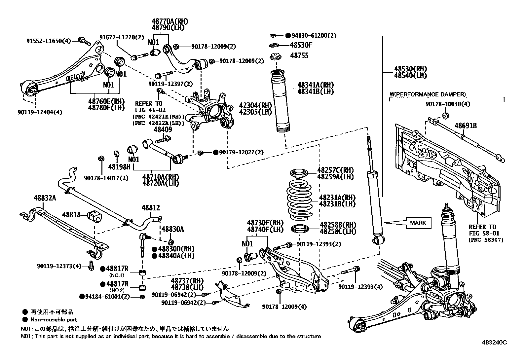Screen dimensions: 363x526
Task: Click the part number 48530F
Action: (301, 45)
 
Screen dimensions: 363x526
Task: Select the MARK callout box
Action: (418, 223)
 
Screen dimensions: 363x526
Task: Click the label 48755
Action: (299, 55)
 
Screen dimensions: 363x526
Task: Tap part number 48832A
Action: (45, 198)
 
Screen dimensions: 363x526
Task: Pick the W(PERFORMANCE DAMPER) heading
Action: (428, 94)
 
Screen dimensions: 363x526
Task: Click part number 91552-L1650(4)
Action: (49, 41)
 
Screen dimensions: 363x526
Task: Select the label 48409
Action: (163, 129)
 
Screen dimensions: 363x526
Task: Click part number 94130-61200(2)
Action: (314, 35)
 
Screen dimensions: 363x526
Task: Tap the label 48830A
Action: (172, 229)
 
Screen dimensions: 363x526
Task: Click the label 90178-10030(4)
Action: (448, 104)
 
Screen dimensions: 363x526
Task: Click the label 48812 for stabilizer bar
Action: (151, 208)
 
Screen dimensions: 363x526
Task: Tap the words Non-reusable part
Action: (54, 319)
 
